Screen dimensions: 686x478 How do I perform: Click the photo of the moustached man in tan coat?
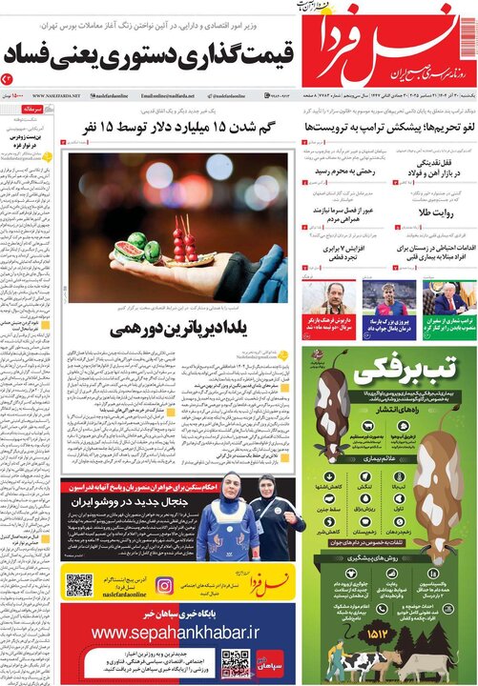coord(327,298)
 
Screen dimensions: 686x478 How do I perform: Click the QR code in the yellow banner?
coord(78,585)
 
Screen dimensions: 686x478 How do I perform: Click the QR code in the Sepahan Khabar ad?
coord(235,663)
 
